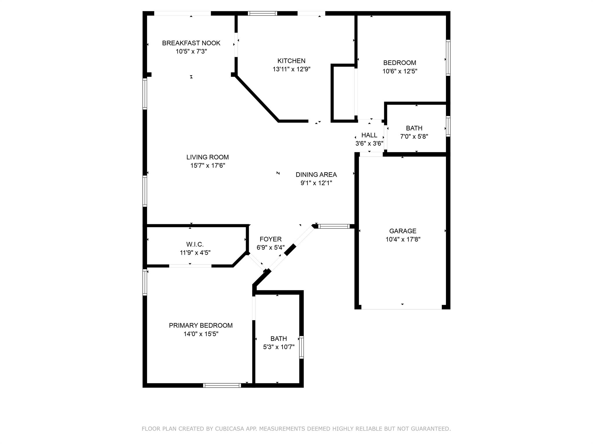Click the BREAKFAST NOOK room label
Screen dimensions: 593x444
click(x=191, y=43)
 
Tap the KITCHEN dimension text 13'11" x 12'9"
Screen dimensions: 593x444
click(x=291, y=69)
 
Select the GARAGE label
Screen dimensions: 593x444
click(x=403, y=231)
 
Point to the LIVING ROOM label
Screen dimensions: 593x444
click(x=207, y=157)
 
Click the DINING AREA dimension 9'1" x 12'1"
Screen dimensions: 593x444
click(x=316, y=183)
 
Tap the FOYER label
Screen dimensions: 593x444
click(x=270, y=239)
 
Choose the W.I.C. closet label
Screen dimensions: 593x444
click(x=195, y=245)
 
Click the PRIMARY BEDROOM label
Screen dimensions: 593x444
click(x=201, y=325)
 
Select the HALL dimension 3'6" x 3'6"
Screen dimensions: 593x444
click(x=369, y=143)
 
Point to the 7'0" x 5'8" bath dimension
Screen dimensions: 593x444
click(x=414, y=136)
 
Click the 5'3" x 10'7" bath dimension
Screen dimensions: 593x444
click(x=279, y=347)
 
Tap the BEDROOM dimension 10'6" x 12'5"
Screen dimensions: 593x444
click(x=400, y=71)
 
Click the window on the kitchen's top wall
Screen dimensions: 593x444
click(x=263, y=13)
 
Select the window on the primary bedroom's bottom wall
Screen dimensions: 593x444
click(x=222, y=385)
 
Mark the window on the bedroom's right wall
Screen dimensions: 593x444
click(x=448, y=58)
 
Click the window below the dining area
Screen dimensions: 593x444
click(x=334, y=226)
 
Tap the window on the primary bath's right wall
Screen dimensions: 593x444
click(x=301, y=347)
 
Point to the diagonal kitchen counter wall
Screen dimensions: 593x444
click(x=257, y=98)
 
